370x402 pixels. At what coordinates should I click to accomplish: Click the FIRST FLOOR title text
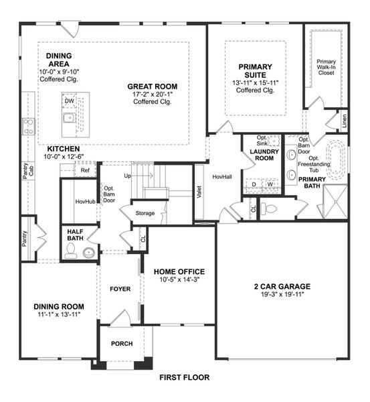click(x=185, y=377)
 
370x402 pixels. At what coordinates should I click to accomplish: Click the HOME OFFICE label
click(x=179, y=271)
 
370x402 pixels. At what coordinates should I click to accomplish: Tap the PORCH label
click(x=122, y=344)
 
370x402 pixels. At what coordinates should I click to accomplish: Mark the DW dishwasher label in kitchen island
click(x=70, y=101)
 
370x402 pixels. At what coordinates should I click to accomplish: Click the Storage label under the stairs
click(x=145, y=214)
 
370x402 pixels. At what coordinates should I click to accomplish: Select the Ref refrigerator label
click(x=85, y=171)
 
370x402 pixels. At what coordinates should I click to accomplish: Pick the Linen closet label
click(x=345, y=123)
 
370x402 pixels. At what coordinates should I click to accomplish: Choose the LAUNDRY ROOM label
click(x=262, y=155)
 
